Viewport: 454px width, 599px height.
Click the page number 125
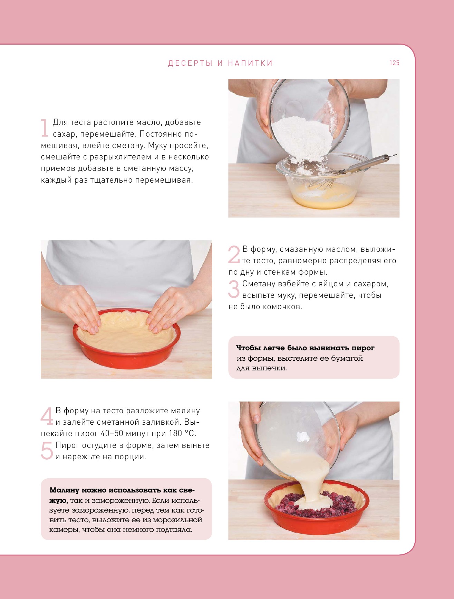click(x=394, y=63)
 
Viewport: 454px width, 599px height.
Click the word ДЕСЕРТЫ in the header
click(x=190, y=63)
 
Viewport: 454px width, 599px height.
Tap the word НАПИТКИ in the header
click(x=250, y=63)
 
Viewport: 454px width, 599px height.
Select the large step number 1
click(x=44, y=128)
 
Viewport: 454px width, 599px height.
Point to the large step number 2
click(x=234, y=255)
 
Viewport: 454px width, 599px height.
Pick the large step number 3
click(x=234, y=289)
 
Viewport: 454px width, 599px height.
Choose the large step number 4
click(x=47, y=416)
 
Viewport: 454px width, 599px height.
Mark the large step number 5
click(x=47, y=451)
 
